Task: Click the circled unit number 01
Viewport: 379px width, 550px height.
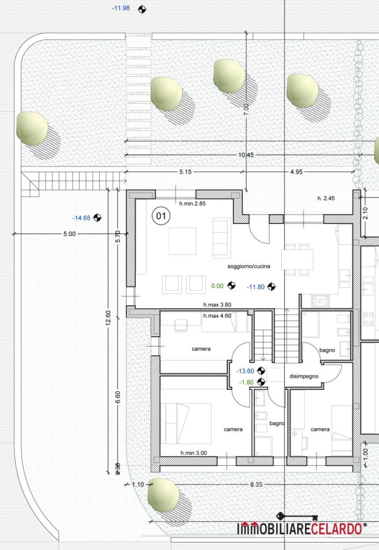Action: tap(161, 216)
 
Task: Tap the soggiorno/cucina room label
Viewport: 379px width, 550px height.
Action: tap(249, 266)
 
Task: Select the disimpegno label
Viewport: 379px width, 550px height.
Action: tap(304, 377)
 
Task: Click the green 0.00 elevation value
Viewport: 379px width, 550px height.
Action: tap(217, 286)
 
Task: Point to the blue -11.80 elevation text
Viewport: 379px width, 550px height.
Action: tap(256, 287)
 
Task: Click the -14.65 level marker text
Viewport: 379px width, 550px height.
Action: tap(82, 218)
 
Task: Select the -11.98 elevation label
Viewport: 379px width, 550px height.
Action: tap(121, 8)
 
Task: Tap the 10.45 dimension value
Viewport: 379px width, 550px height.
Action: tap(246, 155)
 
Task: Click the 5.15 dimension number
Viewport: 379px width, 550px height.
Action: tap(185, 172)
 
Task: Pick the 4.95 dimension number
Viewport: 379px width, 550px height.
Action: tap(296, 172)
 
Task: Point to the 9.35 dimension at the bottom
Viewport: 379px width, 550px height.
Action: tap(256, 484)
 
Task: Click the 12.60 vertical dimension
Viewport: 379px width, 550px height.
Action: tap(108, 318)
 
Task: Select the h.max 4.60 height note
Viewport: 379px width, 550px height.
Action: tap(217, 316)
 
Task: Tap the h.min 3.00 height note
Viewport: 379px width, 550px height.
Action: tap(194, 453)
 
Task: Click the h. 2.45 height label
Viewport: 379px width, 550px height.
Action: tap(326, 198)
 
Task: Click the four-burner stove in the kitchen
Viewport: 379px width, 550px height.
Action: tap(320, 301)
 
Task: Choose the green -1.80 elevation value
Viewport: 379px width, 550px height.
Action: tap(246, 382)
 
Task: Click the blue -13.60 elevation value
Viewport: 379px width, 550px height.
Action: tap(245, 371)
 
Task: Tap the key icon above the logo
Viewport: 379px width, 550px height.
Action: tap(297, 517)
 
